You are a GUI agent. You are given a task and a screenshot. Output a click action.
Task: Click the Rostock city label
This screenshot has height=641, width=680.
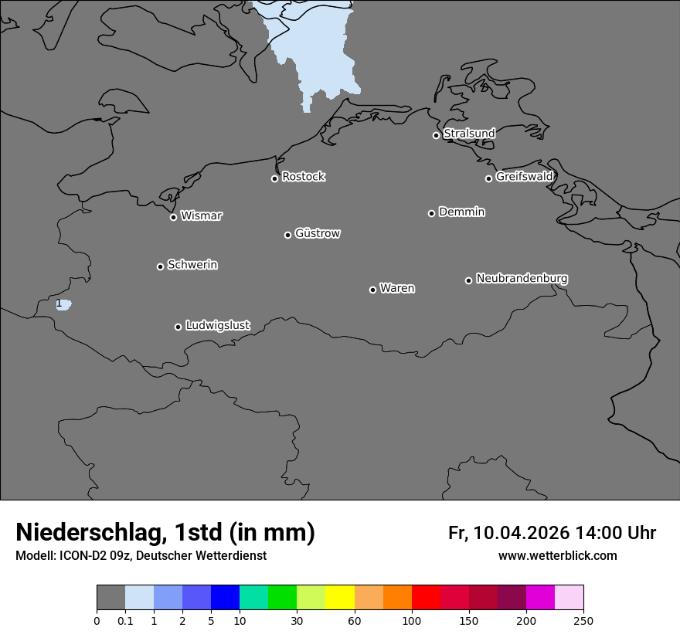[x=303, y=177]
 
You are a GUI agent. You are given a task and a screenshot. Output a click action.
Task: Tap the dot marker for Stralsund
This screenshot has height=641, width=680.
[x=436, y=135]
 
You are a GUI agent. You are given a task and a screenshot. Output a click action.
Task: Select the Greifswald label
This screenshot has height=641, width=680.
[x=524, y=177]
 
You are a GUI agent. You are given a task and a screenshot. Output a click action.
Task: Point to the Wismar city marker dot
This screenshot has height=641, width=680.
[x=173, y=217]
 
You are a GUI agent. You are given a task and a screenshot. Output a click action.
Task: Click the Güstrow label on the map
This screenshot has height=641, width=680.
[x=318, y=233]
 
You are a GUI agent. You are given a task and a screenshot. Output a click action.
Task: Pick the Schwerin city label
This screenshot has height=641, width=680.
[x=192, y=265]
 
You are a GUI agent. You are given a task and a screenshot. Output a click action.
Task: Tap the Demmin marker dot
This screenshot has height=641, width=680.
[x=431, y=213]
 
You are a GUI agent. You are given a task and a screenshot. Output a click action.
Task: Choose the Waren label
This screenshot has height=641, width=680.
[x=397, y=288]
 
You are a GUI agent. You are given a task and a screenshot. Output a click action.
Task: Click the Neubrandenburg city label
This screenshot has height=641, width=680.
[x=522, y=278]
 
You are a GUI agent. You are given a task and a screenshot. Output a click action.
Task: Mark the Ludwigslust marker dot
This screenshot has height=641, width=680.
[x=178, y=327]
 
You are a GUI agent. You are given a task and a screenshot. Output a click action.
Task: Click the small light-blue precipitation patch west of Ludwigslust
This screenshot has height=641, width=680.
[x=65, y=305]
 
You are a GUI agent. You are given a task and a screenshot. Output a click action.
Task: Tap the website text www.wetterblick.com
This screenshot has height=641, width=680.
[x=557, y=556]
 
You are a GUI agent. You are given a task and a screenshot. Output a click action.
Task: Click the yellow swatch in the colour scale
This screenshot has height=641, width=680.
[x=340, y=598]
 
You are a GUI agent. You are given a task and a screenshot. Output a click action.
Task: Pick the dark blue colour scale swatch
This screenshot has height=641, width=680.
[x=225, y=598]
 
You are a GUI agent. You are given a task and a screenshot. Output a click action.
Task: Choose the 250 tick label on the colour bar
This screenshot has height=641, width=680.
[x=583, y=620]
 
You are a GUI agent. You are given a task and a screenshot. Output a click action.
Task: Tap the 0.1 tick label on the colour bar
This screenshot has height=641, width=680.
[x=125, y=620]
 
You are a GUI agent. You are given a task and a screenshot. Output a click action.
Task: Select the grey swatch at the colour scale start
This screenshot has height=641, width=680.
[x=110, y=598]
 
